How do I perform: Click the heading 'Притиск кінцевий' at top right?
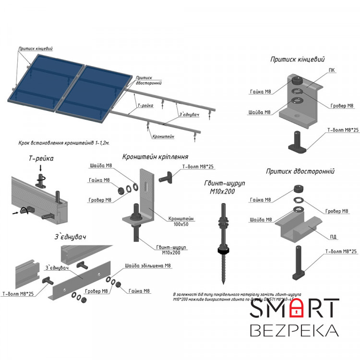(298, 60)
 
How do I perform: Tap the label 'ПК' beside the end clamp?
(332, 70)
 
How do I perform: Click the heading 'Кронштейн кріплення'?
(155, 156)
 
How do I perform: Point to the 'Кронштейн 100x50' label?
(180, 221)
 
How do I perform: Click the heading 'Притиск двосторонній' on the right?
(300, 171)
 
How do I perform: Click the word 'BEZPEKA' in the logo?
(294, 331)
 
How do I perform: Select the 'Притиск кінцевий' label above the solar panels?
(36, 48)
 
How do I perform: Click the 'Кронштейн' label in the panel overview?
(163, 136)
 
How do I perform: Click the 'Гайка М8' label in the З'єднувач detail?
(139, 291)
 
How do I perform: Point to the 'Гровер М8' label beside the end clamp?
(342, 106)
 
